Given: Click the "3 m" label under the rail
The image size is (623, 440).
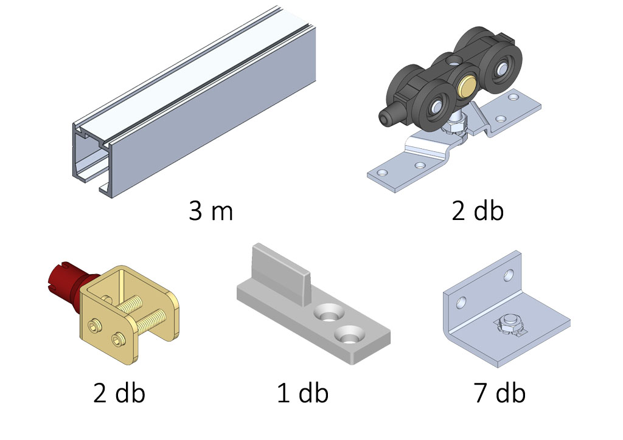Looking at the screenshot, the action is (x=211, y=211).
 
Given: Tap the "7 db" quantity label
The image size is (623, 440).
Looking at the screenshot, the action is (x=499, y=393).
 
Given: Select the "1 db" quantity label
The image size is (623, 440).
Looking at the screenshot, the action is (x=302, y=393).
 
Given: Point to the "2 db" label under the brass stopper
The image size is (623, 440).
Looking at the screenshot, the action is (x=119, y=393).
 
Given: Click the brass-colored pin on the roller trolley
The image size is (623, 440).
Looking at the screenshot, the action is (x=467, y=84).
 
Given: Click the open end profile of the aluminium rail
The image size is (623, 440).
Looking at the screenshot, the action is (x=91, y=159).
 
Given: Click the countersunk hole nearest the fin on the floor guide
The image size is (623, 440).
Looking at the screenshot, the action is (x=328, y=312).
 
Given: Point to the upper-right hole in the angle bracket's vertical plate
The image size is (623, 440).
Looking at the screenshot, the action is (x=509, y=275).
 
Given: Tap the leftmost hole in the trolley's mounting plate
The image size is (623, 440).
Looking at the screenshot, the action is (x=382, y=173).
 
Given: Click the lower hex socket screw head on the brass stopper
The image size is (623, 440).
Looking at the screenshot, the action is (x=118, y=338).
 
